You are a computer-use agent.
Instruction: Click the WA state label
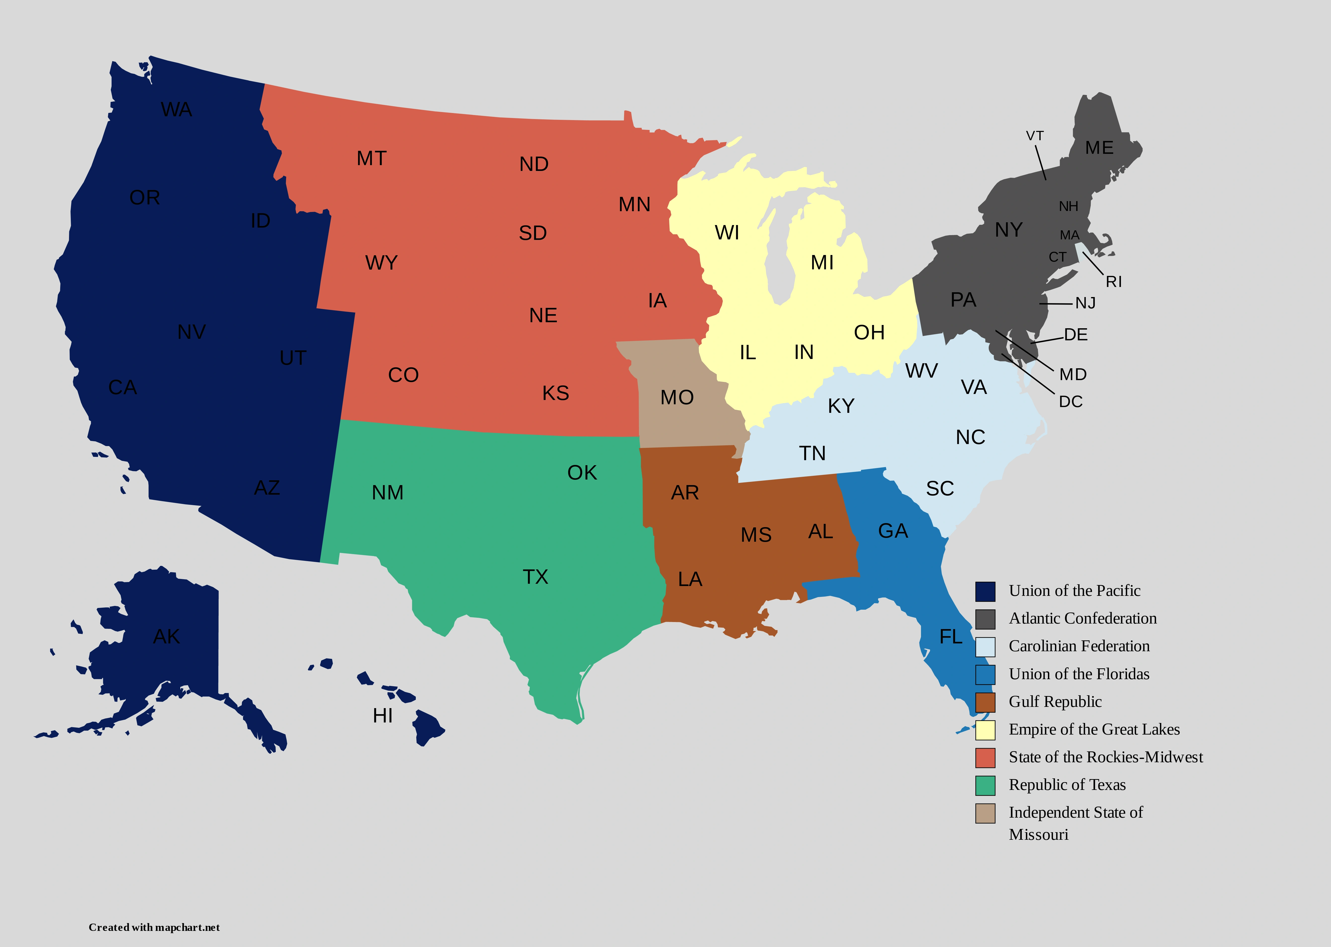[x=176, y=110]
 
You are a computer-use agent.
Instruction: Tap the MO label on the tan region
[x=677, y=398]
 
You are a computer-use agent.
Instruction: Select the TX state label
[x=535, y=577]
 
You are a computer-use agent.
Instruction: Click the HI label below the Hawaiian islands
[x=383, y=715]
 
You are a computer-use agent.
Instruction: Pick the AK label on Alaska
[x=166, y=637]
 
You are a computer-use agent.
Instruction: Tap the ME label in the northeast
[x=1099, y=148]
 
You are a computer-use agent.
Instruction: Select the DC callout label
[x=1070, y=402]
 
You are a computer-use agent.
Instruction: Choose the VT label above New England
[x=1035, y=136]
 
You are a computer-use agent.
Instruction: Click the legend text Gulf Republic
[x=1054, y=702]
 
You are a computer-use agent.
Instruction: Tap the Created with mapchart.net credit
[x=154, y=927]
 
